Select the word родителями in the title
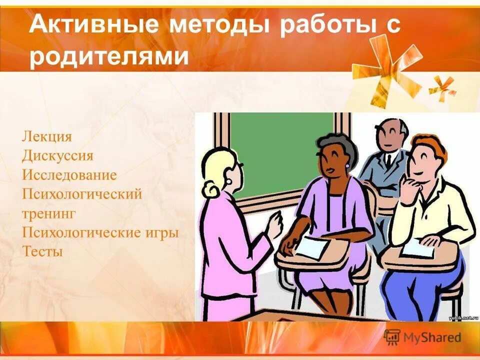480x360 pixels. (x=109, y=56)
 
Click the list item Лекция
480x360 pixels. (x=47, y=136)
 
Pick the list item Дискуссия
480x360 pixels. (x=57, y=155)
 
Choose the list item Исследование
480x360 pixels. (x=69, y=175)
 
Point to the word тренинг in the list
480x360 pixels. (x=48, y=213)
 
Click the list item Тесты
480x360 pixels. (x=42, y=251)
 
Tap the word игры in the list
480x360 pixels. (x=160, y=232)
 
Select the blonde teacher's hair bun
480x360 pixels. (x=210, y=189)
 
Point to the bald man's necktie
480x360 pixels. (x=388, y=161)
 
